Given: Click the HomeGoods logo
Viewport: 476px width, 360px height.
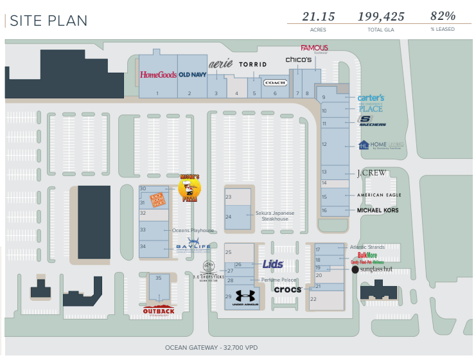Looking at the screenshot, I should (158, 75).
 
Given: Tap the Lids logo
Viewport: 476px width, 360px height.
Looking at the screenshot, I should (272, 264).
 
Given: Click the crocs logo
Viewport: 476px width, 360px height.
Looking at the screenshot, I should (287, 289).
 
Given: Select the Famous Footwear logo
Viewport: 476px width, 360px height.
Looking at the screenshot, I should (314, 48).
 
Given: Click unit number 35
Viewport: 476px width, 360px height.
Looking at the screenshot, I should (158, 278).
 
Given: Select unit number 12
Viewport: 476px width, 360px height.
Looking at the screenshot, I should (325, 144).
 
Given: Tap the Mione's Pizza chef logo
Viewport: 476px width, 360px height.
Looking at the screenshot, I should (189, 188).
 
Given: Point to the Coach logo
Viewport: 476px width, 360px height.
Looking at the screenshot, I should (275, 83).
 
